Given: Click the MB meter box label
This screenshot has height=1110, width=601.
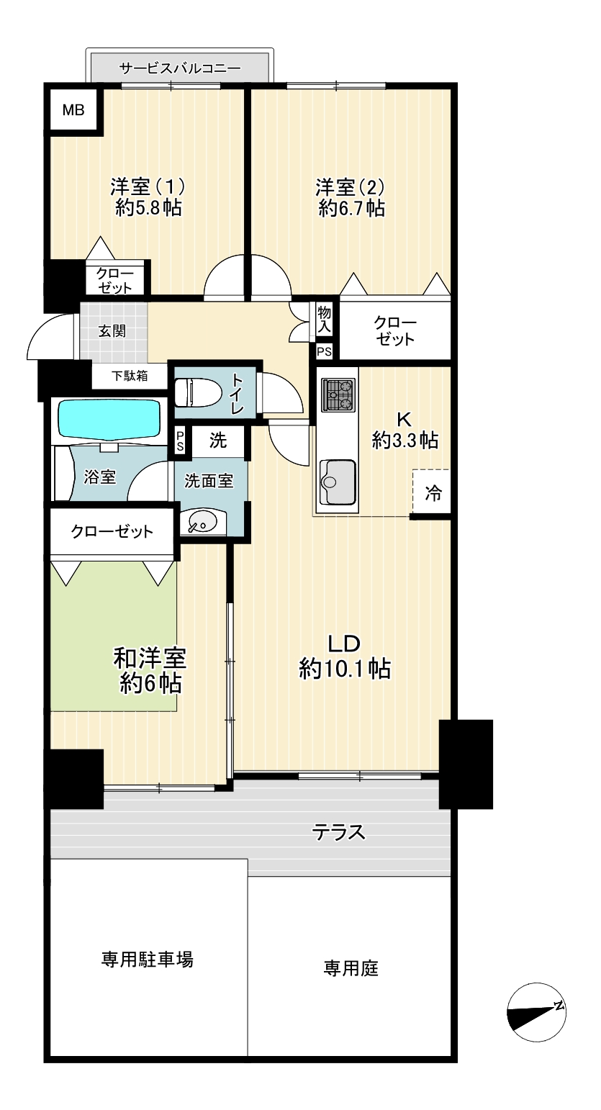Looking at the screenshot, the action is pyautogui.click(x=73, y=110).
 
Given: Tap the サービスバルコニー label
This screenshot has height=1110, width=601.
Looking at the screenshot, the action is pyautogui.click(x=180, y=68).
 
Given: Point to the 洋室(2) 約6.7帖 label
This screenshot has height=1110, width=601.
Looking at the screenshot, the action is pyautogui.click(x=351, y=197).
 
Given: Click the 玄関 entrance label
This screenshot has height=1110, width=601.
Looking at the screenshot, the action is pyautogui.click(x=112, y=330).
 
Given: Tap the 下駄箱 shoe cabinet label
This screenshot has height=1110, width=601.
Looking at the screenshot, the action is pyautogui.click(x=130, y=376).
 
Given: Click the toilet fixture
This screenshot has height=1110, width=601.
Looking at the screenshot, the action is pyautogui.click(x=198, y=392).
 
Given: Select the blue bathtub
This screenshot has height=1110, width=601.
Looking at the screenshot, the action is pyautogui.click(x=109, y=419).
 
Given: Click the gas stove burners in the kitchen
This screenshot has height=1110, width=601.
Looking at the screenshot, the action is pyautogui.click(x=338, y=394).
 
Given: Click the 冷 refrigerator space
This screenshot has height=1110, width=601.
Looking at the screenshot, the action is pyautogui.click(x=432, y=492).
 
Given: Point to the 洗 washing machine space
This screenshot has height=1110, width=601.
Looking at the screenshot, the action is pyautogui.click(x=218, y=440).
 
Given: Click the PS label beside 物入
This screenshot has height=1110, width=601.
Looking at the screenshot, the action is pyautogui.click(x=324, y=352).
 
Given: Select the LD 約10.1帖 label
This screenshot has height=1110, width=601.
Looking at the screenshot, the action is pyautogui.click(x=345, y=656).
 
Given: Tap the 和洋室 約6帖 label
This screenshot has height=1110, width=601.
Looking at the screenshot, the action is pyautogui.click(x=150, y=670).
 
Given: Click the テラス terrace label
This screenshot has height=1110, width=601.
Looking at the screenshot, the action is pyautogui.click(x=338, y=832).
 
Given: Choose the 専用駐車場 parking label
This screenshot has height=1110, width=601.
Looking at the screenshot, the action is pyautogui.click(x=147, y=960).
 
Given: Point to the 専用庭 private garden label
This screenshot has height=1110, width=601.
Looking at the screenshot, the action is pyautogui.click(x=351, y=967).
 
